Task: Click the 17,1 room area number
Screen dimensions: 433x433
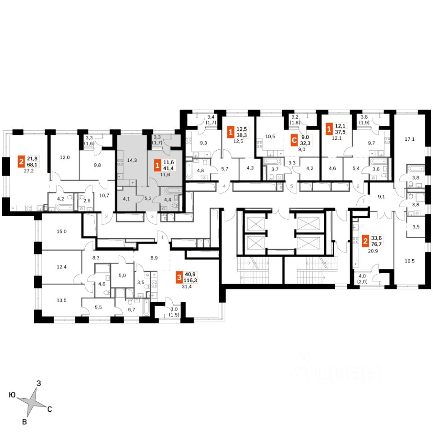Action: click(x=410, y=139)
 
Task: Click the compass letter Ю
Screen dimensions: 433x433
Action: click(x=13, y=395)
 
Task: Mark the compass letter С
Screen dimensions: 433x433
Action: click(x=50, y=410)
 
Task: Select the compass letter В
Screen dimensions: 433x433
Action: click(x=26, y=422)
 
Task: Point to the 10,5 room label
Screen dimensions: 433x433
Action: click(x=270, y=135)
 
